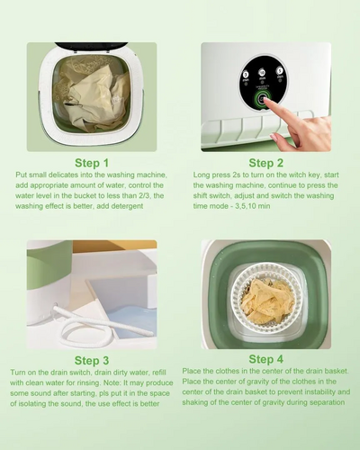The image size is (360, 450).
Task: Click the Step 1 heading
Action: point(92,163)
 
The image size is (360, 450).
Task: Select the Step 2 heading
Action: point(265,163)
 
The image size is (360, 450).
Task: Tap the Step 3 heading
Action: point(92,360)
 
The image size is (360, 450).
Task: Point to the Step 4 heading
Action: point(265,359)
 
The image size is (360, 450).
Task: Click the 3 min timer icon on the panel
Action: point(246,75)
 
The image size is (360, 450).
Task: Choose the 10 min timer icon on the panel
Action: point(262,72)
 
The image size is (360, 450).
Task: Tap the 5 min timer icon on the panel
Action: point(280,71)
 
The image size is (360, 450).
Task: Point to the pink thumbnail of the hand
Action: point(274,138)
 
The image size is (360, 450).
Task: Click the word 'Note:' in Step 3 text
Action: point(112,382)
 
